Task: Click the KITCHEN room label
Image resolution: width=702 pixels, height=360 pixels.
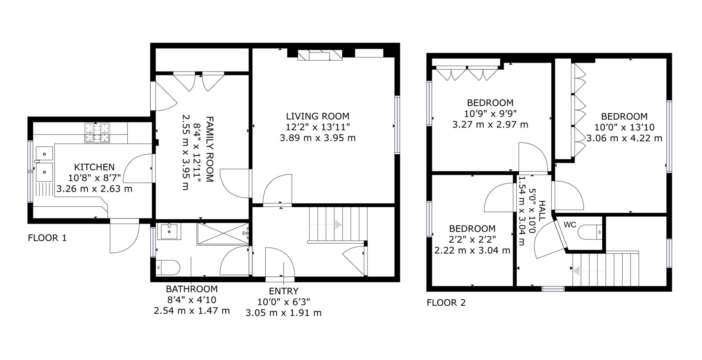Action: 94,167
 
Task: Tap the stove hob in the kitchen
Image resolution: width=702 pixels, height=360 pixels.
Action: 97,133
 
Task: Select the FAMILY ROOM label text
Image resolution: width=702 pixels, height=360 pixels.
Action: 210,149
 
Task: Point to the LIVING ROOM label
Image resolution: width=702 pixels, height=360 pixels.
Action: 317,116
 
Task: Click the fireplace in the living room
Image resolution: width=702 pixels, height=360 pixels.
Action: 320,55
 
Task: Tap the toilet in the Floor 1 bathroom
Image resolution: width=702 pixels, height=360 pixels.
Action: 168,267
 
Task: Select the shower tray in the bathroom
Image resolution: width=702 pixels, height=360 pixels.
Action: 223,234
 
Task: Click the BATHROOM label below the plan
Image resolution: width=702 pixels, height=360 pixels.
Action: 192,289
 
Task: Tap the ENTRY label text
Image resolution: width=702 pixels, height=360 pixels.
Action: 284,291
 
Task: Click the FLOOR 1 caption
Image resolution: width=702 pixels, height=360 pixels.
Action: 47,238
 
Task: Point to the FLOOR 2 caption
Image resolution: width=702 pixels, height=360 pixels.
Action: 446,302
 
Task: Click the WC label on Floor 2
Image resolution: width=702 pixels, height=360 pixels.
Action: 570,225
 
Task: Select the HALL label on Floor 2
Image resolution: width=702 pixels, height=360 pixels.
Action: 542,211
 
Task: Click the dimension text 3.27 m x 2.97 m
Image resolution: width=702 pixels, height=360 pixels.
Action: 490,125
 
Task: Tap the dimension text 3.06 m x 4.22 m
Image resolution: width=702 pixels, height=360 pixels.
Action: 624,138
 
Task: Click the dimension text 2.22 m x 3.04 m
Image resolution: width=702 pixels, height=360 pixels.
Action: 472,251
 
